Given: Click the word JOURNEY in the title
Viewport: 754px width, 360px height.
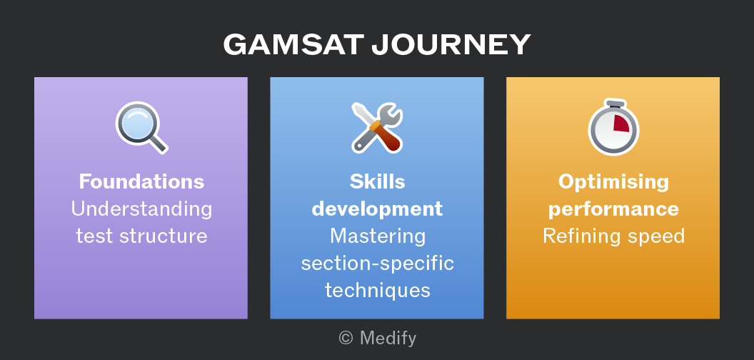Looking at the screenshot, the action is click(451, 45).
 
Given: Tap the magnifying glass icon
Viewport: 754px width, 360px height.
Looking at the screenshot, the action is click(141, 128).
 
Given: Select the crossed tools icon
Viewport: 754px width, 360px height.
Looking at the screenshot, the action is click(377, 128).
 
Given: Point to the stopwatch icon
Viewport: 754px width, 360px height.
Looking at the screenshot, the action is click(613, 128).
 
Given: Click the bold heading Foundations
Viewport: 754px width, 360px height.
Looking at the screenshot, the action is click(141, 182).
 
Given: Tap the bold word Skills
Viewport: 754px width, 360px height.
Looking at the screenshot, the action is click(377, 182).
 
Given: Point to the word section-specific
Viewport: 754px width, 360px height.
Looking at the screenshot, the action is click(377, 264).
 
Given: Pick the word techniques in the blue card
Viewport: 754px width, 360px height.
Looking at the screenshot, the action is click(377, 291).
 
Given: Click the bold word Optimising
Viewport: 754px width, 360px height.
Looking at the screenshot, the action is click(613, 183).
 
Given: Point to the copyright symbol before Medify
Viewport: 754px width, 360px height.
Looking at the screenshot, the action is click(346, 339).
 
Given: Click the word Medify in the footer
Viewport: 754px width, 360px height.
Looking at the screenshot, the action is click(388, 339).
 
